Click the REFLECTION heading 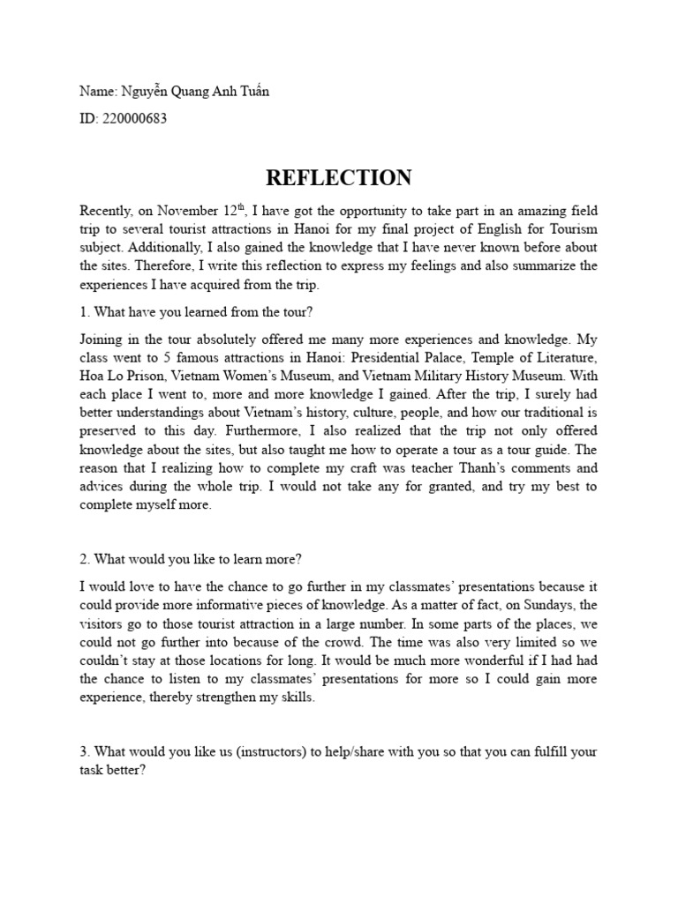pyautogui.click(x=338, y=178)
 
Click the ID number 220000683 pyautogui.click(x=135, y=118)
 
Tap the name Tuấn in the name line pyautogui.click(x=252, y=92)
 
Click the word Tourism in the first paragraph pyautogui.click(x=572, y=229)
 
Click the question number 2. pyautogui.click(x=83, y=560)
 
